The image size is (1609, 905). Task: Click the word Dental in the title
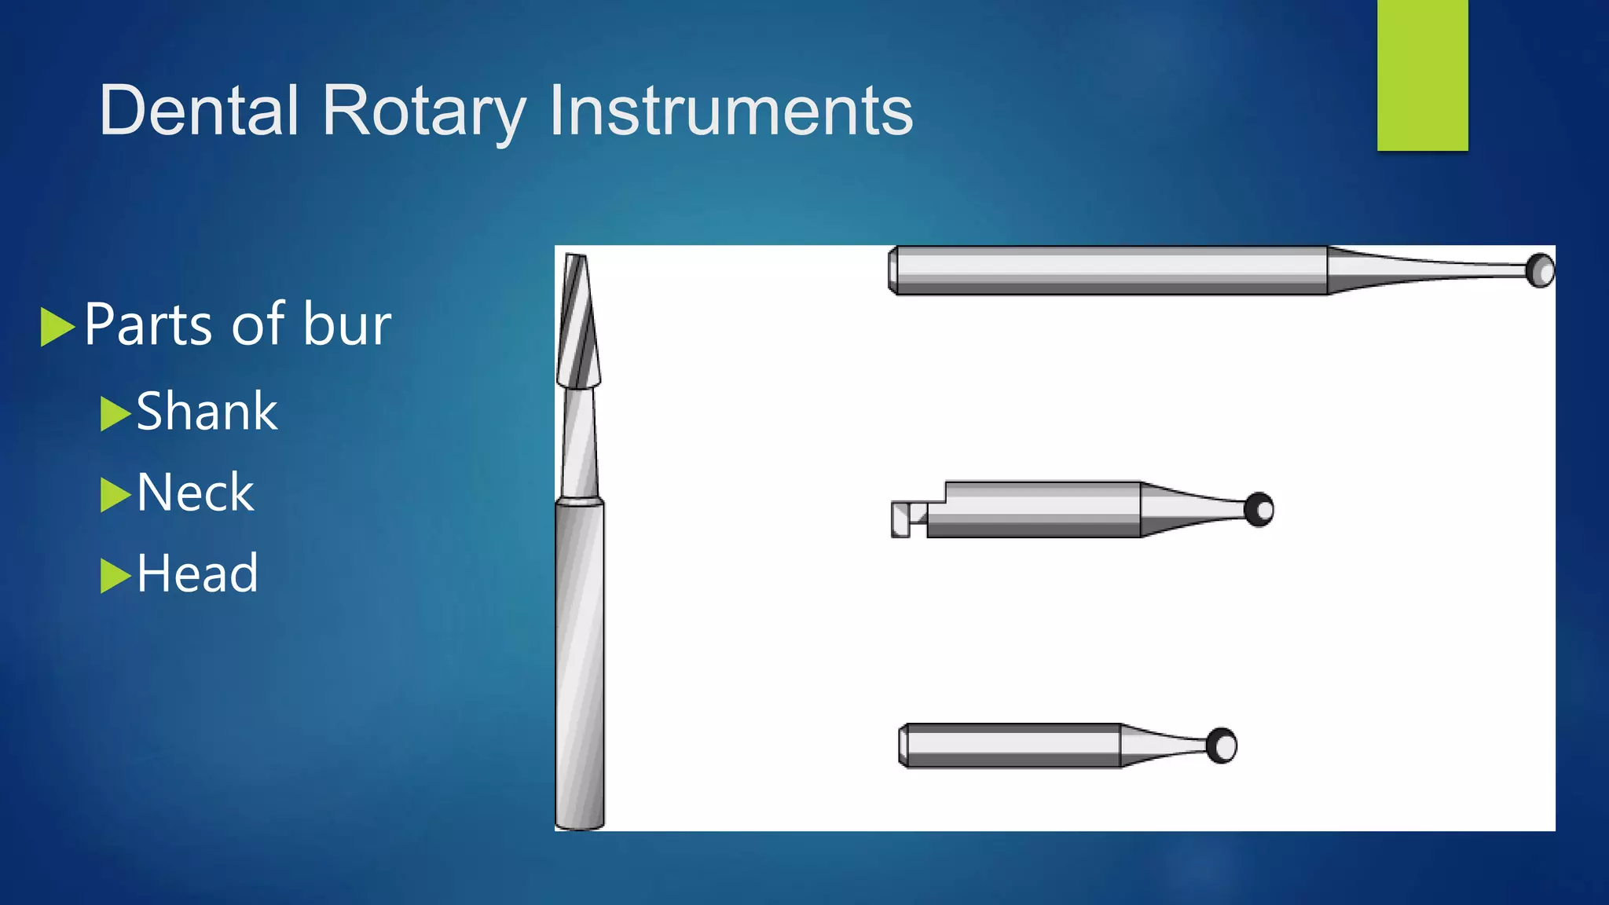(x=199, y=111)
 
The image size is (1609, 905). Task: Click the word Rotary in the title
(x=423, y=111)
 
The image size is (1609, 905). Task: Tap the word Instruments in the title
(x=731, y=111)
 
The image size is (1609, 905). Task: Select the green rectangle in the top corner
(x=1422, y=75)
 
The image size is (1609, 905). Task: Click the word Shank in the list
(x=207, y=412)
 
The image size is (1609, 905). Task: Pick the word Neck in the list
(x=195, y=493)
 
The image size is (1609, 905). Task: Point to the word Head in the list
(x=197, y=573)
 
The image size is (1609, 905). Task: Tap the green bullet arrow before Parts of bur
(x=56, y=327)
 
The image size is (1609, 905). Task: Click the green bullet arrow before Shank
(x=114, y=414)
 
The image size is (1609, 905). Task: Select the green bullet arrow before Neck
(x=114, y=495)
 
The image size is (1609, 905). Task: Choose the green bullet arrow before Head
(x=114, y=576)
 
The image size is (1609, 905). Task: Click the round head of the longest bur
(x=1540, y=271)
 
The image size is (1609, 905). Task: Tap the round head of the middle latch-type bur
(x=1259, y=510)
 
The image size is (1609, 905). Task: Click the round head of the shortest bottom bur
(x=1222, y=746)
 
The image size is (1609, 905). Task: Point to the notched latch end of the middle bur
(x=907, y=518)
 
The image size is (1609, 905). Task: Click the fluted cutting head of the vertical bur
(x=578, y=322)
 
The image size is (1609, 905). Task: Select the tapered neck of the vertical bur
(x=580, y=444)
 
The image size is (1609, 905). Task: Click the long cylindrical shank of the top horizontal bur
(x=1108, y=271)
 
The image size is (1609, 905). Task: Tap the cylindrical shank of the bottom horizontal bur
(x=1010, y=746)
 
